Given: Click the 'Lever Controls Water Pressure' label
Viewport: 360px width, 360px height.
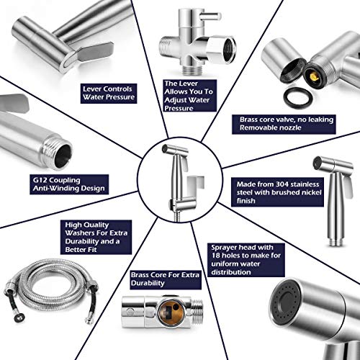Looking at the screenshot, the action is click(x=109, y=94).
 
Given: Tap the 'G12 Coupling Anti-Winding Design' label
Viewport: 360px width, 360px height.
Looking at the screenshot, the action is click(x=69, y=184).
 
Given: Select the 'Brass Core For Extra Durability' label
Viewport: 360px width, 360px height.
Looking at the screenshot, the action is click(x=166, y=279).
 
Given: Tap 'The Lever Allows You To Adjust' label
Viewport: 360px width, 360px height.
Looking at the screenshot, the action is click(x=189, y=96).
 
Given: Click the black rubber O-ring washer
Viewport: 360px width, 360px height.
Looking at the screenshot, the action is click(x=296, y=98).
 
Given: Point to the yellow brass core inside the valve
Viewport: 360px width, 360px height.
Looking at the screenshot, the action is click(x=313, y=76).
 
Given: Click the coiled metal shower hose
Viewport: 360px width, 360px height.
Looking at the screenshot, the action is click(x=52, y=290).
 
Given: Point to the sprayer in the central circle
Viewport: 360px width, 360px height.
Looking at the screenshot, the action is click(x=176, y=178).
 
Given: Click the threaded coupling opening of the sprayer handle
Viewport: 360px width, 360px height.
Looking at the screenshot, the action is click(x=63, y=156).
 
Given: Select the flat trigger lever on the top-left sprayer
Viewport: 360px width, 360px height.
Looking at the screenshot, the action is click(x=95, y=52).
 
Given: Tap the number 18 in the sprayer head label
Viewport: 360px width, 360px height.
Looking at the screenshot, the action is click(x=215, y=256).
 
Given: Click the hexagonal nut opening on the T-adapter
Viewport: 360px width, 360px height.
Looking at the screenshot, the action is click(x=228, y=50).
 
